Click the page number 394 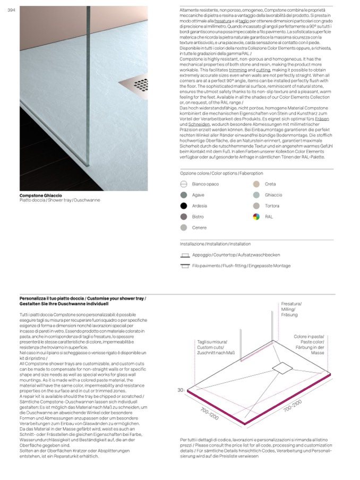pos(11,12)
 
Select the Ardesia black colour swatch pos(184,206)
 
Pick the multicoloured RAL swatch pos(256,217)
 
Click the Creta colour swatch pos(256,184)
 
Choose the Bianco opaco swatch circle pos(184,184)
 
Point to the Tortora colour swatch pos(256,205)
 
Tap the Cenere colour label pos(199,228)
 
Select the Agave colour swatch pos(184,195)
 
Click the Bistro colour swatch pos(184,217)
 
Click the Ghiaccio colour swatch pos(256,195)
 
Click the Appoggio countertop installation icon pos(185,255)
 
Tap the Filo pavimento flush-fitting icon pos(185,265)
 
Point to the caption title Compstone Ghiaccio pos(41,195)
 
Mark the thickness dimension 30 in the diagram pos(181,390)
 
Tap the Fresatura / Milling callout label pos(291,309)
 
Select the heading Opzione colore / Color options pos(221,173)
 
